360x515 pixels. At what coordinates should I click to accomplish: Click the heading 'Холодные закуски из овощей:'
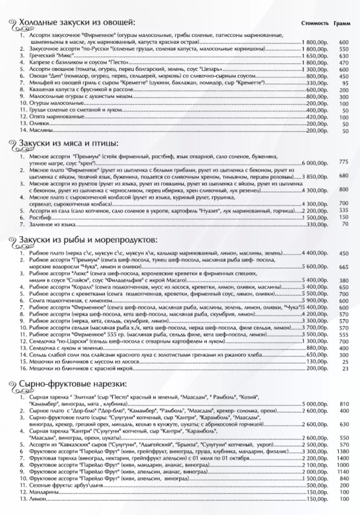[77, 23]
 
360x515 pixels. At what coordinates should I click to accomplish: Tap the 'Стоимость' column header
[315, 23]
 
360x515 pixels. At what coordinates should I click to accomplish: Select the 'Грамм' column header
[342, 23]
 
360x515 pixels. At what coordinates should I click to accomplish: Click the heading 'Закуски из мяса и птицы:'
[68, 143]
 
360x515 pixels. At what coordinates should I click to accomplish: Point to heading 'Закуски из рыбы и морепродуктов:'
[88, 239]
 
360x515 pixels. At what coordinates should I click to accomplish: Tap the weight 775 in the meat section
[343, 162]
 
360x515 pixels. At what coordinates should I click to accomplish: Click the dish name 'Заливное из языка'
[52, 225]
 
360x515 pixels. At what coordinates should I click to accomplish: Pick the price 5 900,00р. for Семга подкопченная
[315, 301]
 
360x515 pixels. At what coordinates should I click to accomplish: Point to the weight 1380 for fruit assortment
[343, 452]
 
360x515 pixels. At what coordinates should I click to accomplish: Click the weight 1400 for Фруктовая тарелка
[343, 458]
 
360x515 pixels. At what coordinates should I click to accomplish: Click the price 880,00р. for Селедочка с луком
[317, 348]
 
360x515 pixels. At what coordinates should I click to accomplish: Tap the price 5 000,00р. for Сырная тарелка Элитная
[315, 404]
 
